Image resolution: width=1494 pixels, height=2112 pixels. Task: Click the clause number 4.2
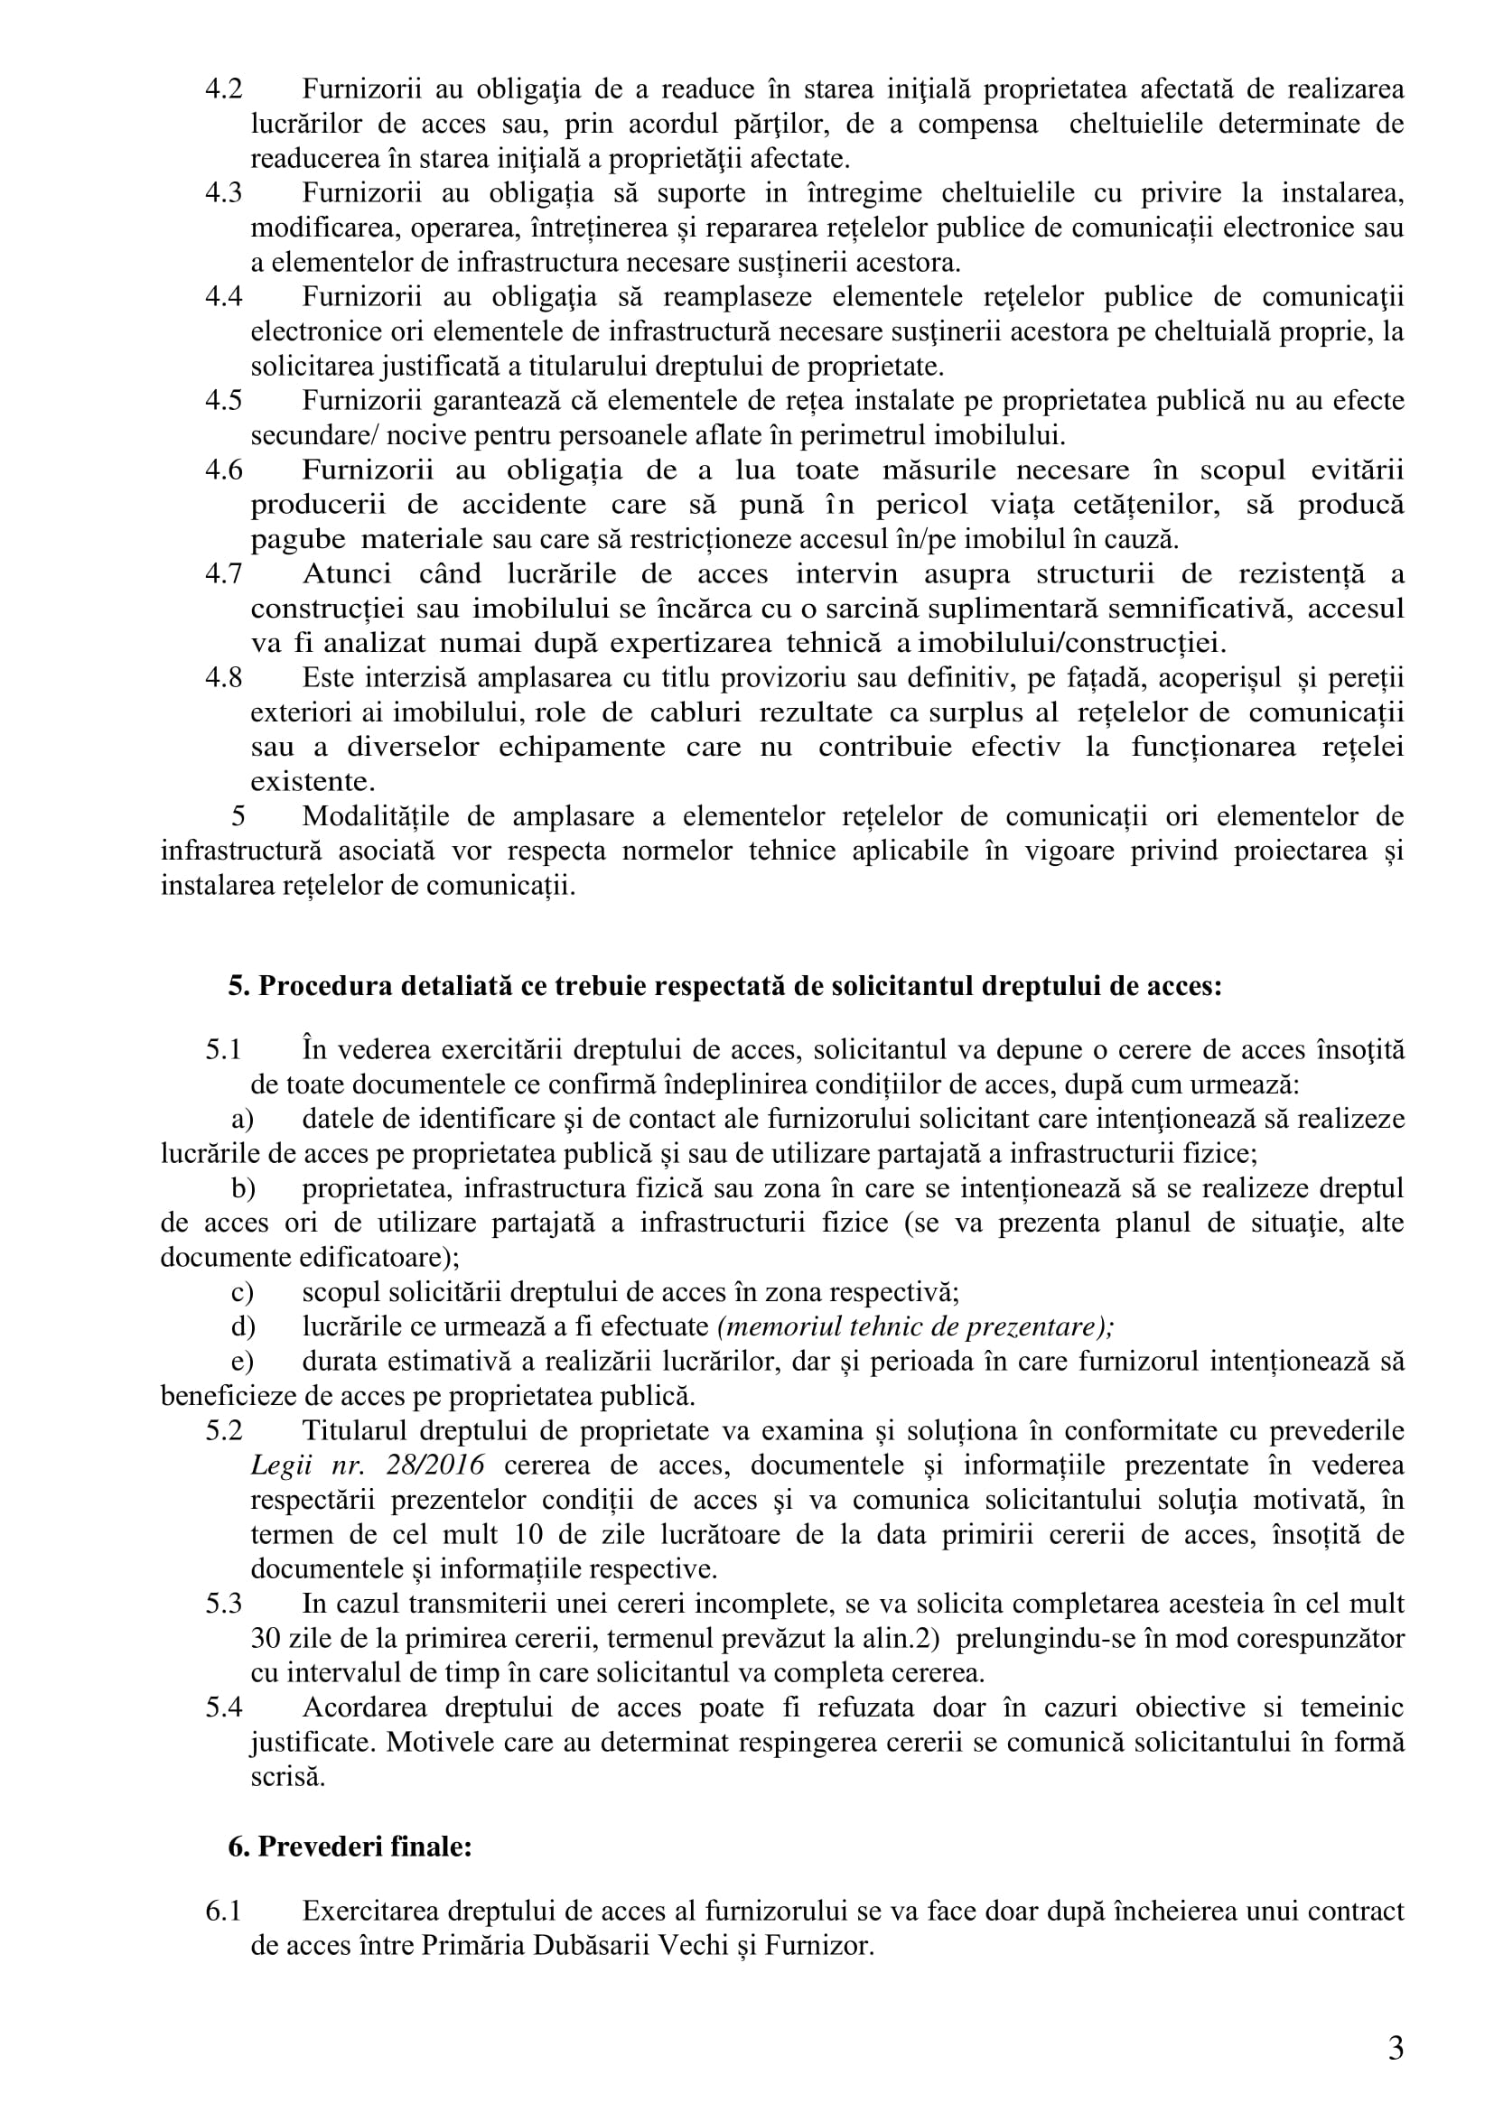223,89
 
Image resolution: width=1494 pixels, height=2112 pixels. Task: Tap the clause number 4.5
223,401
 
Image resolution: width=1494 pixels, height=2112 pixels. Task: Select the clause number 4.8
223,678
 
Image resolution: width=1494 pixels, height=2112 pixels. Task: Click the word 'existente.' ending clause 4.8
313,782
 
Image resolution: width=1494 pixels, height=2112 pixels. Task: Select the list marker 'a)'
242,1119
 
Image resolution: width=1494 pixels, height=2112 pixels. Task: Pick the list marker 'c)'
242,1291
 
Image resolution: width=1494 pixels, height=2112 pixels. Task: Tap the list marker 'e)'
242,1362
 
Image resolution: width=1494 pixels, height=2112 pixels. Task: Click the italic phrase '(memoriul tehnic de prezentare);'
915,1326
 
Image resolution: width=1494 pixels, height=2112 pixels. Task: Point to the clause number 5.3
223,1604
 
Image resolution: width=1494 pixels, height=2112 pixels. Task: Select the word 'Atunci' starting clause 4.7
346,574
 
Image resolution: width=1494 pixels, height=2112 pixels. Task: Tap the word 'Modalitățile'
377,816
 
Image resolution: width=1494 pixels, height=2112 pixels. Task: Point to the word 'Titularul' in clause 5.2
353,1430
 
